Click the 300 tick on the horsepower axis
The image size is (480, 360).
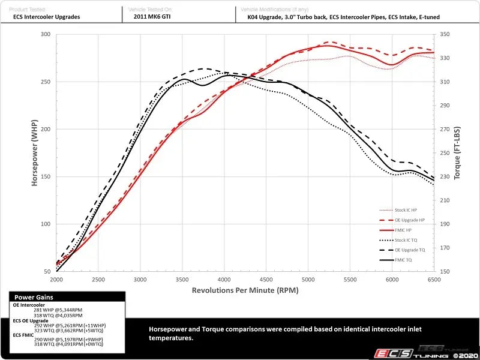point(45,34)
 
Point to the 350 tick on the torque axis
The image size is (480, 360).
point(445,34)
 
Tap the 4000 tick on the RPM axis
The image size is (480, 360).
point(224,280)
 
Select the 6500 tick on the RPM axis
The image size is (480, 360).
point(434,280)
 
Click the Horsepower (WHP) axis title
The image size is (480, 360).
point(35,153)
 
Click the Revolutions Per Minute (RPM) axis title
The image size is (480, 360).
point(245,290)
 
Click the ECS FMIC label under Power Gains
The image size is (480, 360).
point(25,334)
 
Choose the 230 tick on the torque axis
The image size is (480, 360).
point(445,177)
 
